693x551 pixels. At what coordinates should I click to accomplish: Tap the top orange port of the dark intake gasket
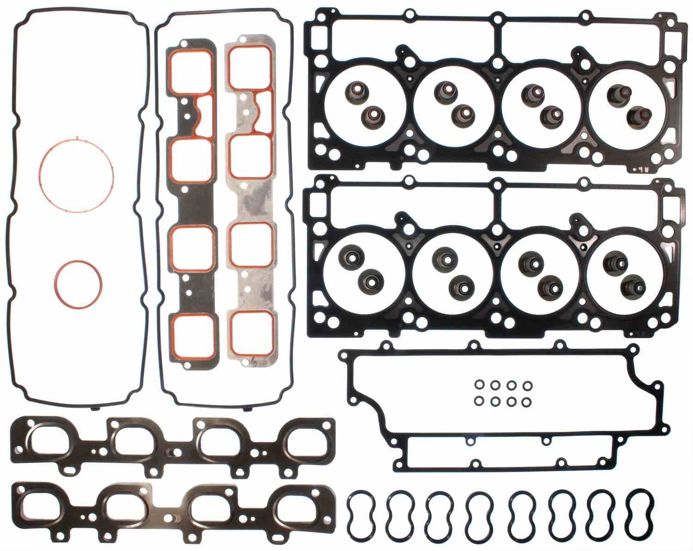click(x=191, y=70)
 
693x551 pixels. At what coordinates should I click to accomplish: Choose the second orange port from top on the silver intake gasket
click(x=250, y=156)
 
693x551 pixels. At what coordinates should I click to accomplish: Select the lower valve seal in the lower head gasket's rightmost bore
click(x=631, y=285)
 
